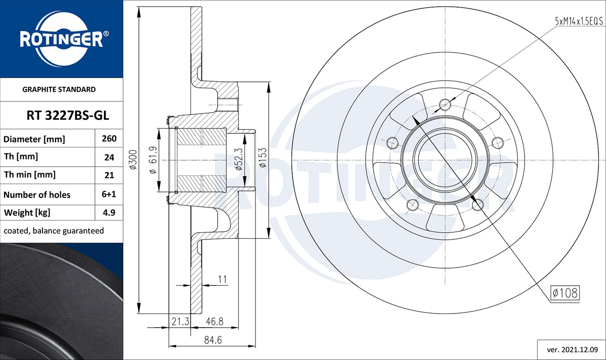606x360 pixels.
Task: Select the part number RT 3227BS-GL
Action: (x=68, y=116)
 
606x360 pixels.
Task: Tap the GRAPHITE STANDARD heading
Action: (x=59, y=89)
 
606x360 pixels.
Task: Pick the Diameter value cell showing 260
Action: (x=109, y=138)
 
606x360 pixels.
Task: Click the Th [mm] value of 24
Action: (x=109, y=157)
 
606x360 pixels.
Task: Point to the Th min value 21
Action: (x=109, y=175)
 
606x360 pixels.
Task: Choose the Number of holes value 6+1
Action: (x=109, y=194)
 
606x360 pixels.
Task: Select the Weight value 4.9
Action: (x=109, y=213)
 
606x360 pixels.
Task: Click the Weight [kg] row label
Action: (x=27, y=213)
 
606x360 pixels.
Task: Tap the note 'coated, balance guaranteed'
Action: (x=54, y=231)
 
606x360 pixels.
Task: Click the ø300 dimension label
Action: (x=133, y=160)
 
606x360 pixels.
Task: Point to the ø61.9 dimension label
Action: (x=153, y=160)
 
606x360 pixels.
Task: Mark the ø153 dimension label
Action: (x=263, y=158)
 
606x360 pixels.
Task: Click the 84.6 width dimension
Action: (x=213, y=340)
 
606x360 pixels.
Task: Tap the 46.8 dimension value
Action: (x=215, y=321)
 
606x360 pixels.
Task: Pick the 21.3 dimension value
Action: (x=180, y=321)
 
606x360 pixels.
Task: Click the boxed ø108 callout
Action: (x=565, y=293)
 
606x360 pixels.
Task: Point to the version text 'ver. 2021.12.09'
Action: (x=573, y=350)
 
